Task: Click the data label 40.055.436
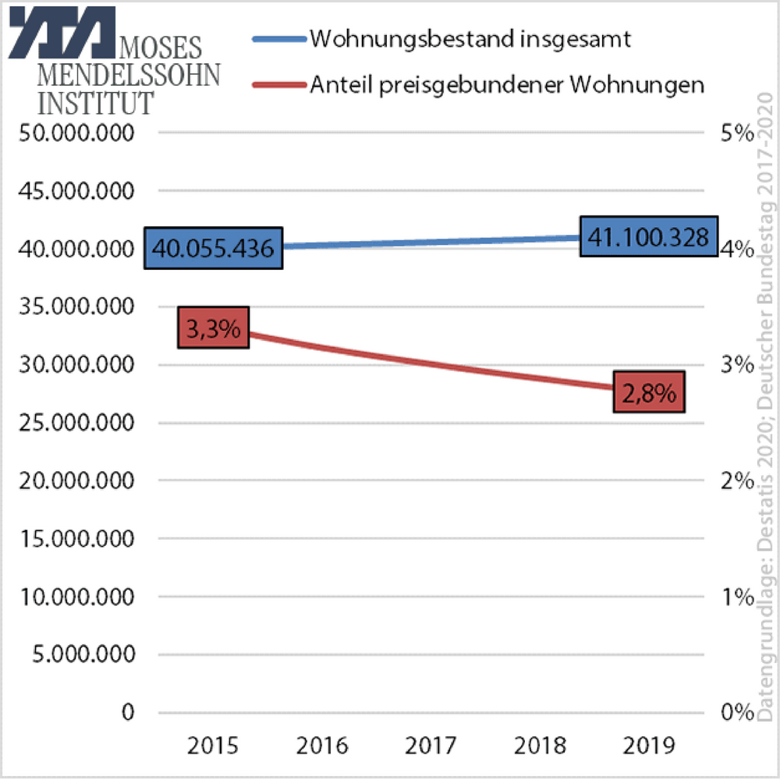[213, 249]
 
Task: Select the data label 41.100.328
[648, 236]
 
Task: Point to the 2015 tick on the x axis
[213, 746]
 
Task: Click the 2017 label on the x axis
[431, 746]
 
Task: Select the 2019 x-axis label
[648, 746]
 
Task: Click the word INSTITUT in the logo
[97, 102]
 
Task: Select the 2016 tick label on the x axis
[321, 746]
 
